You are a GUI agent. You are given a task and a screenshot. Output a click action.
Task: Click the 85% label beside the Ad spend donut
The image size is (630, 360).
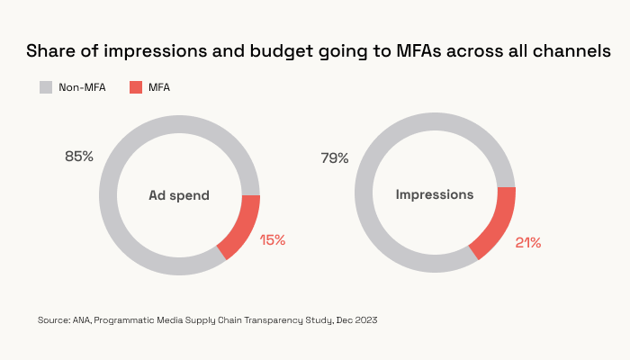pyautogui.click(x=79, y=157)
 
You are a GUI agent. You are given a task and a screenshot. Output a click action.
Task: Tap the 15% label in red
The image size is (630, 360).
pyautogui.click(x=272, y=239)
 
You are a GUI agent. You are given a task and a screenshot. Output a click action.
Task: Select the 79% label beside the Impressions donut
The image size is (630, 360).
pyautogui.click(x=335, y=158)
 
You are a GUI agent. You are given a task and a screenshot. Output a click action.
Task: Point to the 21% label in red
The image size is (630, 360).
pyautogui.click(x=528, y=242)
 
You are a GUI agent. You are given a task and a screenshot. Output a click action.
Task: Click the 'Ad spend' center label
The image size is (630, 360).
pyautogui.click(x=179, y=195)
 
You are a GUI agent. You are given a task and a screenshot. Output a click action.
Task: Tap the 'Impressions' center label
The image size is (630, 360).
pyautogui.click(x=435, y=194)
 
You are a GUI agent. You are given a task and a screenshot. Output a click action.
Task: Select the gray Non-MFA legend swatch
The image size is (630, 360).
pyautogui.click(x=46, y=87)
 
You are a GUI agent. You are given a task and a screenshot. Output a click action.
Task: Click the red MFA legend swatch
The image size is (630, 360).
pyautogui.click(x=136, y=87)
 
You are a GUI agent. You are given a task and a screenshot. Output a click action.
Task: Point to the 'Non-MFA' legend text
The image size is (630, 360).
pyautogui.click(x=83, y=87)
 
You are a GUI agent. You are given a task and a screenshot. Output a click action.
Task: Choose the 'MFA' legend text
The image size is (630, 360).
pyautogui.click(x=159, y=87)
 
